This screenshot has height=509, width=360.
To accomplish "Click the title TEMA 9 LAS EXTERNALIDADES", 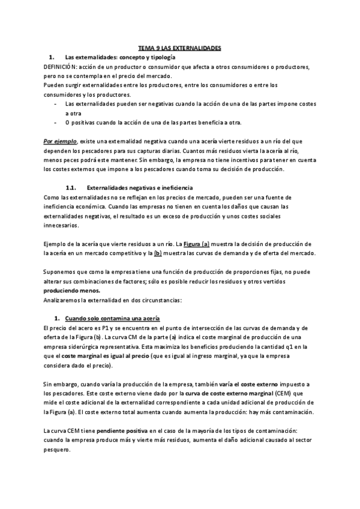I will tap(179, 47).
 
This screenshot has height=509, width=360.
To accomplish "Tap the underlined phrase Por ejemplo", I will tap(61, 141).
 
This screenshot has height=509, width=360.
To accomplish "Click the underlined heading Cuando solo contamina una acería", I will tap(112, 318).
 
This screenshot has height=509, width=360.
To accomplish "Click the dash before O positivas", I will tap(56, 122).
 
